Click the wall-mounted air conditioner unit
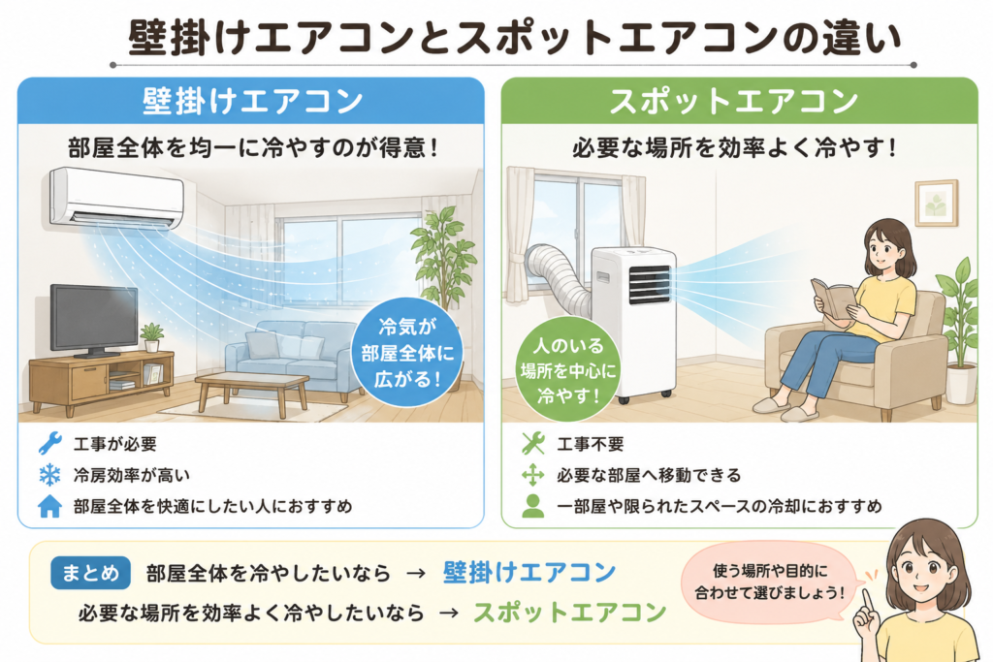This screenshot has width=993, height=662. [116, 198]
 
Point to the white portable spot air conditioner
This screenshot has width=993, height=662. [633, 323]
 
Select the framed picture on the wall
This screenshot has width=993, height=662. [937, 203]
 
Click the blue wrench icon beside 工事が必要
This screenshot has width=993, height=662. [50, 444]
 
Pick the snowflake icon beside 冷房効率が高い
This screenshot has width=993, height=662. [50, 475]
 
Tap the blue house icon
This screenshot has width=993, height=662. [50, 506]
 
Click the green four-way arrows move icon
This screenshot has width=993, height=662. [533, 475]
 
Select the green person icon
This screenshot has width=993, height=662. [533, 506]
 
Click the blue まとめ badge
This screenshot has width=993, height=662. [90, 574]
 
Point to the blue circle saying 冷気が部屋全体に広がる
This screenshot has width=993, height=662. [407, 353]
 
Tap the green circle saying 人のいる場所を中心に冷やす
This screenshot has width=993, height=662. [568, 370]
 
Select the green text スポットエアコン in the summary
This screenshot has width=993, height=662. [570, 612]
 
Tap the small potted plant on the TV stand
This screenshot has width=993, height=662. [151, 337]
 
